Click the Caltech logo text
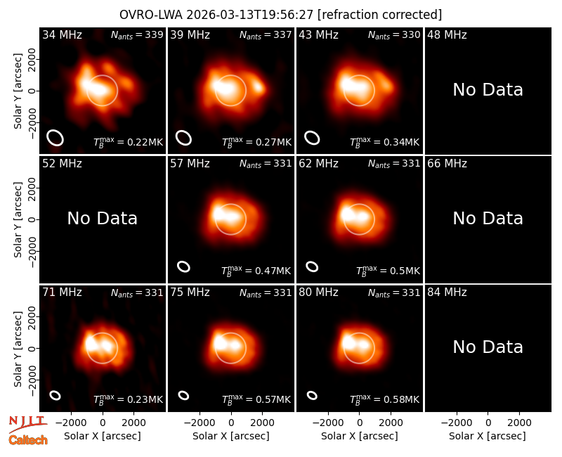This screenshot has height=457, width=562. [x=28, y=440]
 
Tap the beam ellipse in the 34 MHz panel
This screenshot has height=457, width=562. [x=55, y=138]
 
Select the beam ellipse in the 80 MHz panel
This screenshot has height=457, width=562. [x=312, y=395]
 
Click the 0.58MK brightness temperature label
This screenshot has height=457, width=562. [x=384, y=399]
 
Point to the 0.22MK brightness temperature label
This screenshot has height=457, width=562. [x=129, y=142]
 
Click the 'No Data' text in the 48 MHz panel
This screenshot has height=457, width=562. [x=488, y=90]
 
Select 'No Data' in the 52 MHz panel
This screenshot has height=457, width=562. [x=102, y=219]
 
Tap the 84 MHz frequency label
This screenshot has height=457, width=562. [x=447, y=292]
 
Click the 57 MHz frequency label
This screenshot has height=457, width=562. [x=190, y=164]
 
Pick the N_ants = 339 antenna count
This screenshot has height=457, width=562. [x=137, y=34]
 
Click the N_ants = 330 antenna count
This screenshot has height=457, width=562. [x=394, y=34]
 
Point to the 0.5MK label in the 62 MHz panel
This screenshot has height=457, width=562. [x=388, y=271]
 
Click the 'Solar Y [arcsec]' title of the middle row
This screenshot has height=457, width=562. [x=18, y=219]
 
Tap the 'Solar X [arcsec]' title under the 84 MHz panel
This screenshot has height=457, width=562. [x=488, y=436]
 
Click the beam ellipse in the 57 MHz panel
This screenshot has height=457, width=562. [x=184, y=266]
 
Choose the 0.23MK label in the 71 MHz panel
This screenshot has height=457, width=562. [x=129, y=399]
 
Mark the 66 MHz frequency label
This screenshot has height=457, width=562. [x=447, y=164]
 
